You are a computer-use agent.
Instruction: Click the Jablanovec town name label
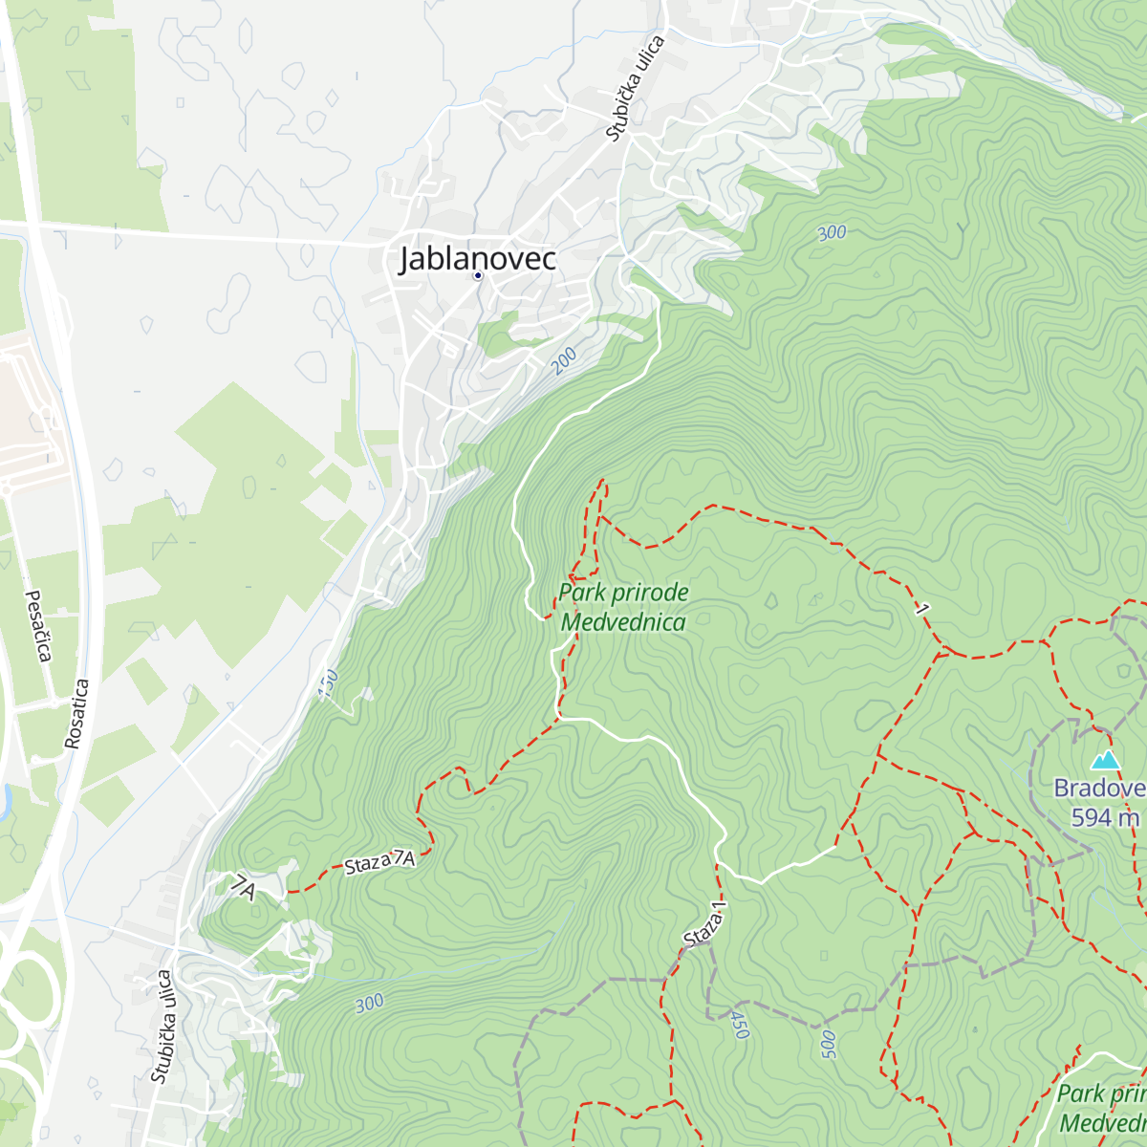pos(477,258)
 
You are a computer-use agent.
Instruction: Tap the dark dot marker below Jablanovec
pos(478,276)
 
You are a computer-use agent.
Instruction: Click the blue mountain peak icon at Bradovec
pos(1106,760)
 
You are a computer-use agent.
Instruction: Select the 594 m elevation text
pos(1105,818)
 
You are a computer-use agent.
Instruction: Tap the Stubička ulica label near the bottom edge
pos(162,1027)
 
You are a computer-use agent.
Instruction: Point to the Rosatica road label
pos(77,713)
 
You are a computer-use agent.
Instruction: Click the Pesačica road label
pos(37,626)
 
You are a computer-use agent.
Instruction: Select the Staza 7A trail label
pos(379,862)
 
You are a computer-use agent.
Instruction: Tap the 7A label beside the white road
pos(244,889)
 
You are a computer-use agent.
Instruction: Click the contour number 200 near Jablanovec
pos(564,359)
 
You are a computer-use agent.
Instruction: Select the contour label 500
pos(828,1044)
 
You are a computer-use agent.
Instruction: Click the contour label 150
pos(328,682)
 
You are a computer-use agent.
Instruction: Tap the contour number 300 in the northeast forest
pos(832,232)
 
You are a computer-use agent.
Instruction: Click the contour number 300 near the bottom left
pos(369,1004)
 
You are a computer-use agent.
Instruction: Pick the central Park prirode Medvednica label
pos(623,607)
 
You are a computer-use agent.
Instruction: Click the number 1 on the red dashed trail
pos(922,609)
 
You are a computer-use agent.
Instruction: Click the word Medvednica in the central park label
pos(623,622)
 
